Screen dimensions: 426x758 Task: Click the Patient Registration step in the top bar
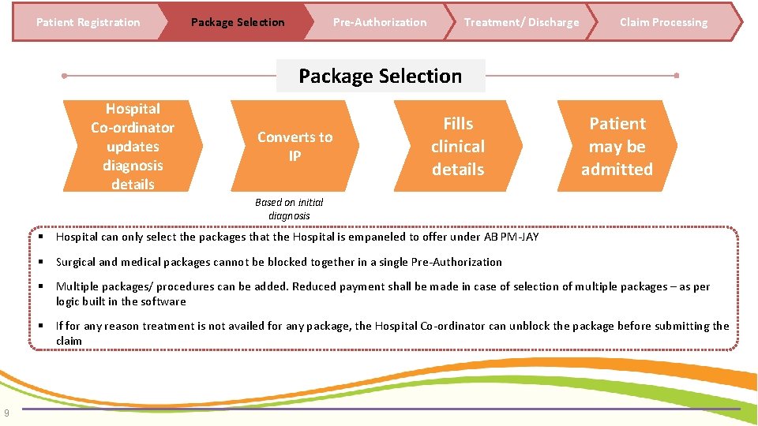pos(88,22)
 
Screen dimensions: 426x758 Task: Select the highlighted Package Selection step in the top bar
pos(238,22)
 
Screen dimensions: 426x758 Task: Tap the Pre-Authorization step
pos(379,22)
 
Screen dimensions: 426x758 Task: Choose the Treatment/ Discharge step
pos(521,22)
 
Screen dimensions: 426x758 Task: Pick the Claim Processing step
pos(663,22)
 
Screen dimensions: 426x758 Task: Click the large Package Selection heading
pos(380,76)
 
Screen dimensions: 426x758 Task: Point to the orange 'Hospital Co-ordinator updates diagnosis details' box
pos(133,146)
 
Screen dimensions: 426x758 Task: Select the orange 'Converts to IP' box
pos(295,146)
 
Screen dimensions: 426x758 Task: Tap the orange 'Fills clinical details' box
pos(458,146)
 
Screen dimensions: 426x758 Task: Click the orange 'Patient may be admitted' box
pos(617,146)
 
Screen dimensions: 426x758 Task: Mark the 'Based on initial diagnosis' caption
pos(289,209)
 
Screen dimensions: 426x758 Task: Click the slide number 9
pos(6,411)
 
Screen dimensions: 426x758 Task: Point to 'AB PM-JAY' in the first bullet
pos(512,237)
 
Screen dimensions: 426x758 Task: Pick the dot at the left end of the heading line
pos(64,76)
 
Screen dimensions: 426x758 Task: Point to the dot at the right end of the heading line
pos(677,76)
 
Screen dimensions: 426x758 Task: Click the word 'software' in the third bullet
pos(162,301)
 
